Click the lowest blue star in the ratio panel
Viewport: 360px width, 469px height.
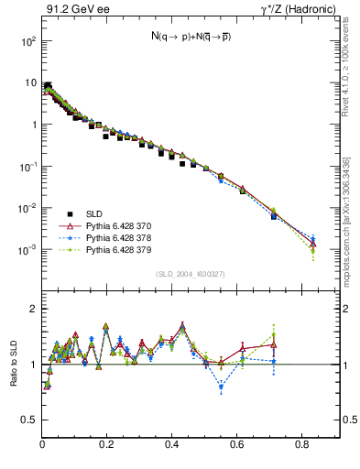[x=221, y=387]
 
